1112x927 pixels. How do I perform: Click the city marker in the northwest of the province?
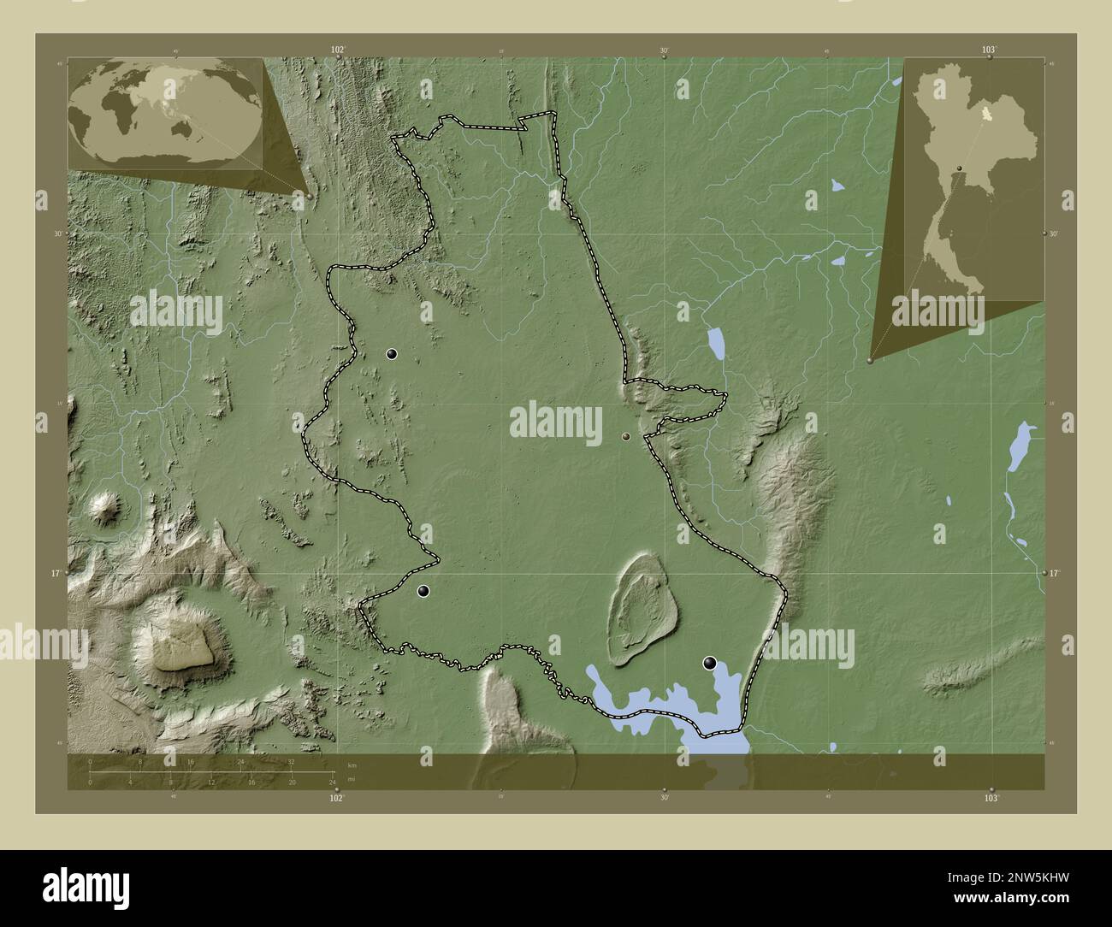coord(392,354)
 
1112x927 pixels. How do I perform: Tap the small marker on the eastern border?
coord(627,437)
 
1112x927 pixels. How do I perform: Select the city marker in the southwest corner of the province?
coord(423,591)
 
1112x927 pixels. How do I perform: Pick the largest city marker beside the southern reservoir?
coord(709,662)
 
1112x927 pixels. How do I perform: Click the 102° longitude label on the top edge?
coord(338,50)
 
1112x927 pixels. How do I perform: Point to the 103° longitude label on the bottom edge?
coord(991,798)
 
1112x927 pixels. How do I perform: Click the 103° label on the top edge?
coord(989,50)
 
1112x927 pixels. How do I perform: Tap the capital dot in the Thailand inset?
coord(960,167)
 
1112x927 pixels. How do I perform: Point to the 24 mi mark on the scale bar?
coord(332,782)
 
